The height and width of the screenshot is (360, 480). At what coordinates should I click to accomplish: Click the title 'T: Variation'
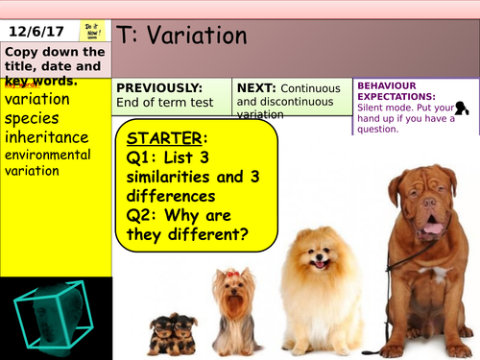point(182,36)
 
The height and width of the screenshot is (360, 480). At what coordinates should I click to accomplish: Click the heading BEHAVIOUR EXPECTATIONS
point(395,90)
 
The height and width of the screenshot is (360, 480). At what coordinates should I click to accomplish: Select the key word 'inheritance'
point(47,138)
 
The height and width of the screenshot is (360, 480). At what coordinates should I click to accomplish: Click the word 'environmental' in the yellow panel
point(47,155)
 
